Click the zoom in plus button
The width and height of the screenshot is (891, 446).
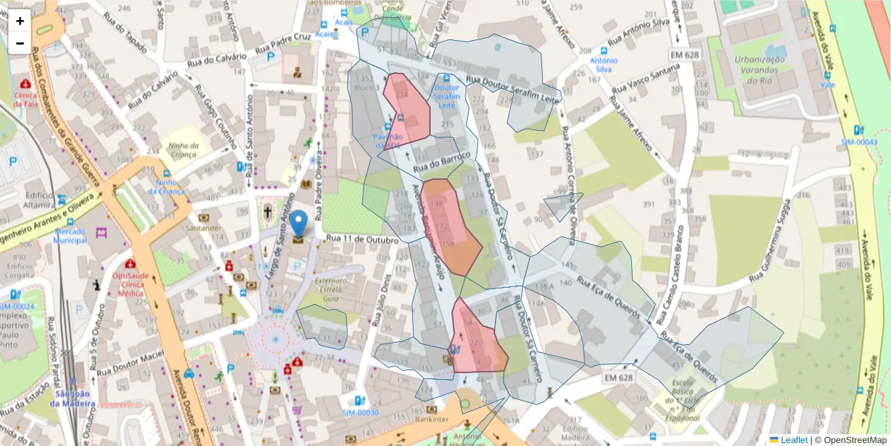(x=20, y=21)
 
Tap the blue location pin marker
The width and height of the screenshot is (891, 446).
(x=298, y=224)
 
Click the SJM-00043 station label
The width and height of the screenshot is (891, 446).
(x=858, y=142)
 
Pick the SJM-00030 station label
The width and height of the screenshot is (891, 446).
(x=360, y=413)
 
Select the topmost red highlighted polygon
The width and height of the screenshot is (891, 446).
(x=406, y=109)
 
